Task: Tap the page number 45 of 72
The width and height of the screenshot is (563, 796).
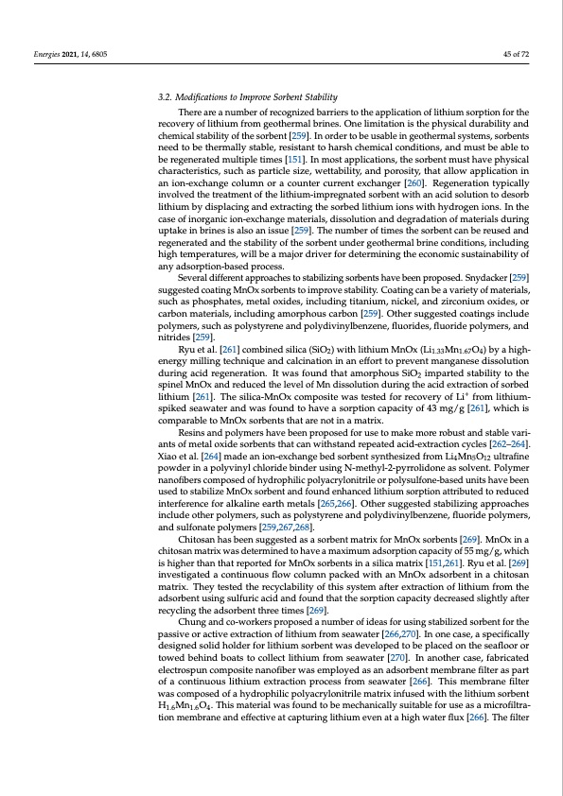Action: (x=513, y=55)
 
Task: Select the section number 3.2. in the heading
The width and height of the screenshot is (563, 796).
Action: (x=165, y=98)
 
